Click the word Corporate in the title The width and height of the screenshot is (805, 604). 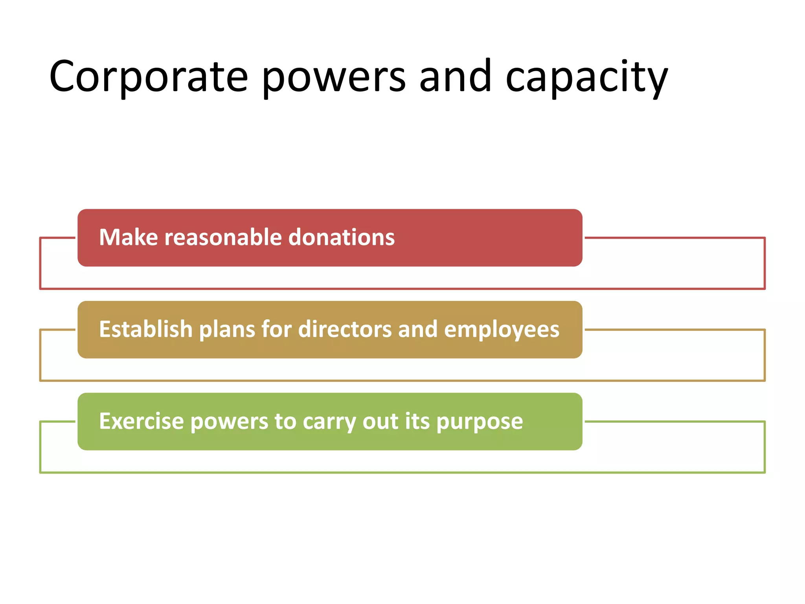[x=148, y=77]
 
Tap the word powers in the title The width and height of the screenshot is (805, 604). [x=333, y=77]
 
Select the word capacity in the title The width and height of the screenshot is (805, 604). [x=586, y=77]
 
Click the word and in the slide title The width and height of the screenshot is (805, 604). [x=455, y=77]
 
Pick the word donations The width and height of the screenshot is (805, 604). [x=341, y=238]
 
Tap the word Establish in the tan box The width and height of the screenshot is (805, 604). [x=145, y=329]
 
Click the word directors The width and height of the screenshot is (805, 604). [x=345, y=329]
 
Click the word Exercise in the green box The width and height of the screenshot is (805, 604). [x=141, y=421]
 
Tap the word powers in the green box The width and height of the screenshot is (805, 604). [x=229, y=421]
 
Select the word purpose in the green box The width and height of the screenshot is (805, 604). [x=480, y=421]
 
